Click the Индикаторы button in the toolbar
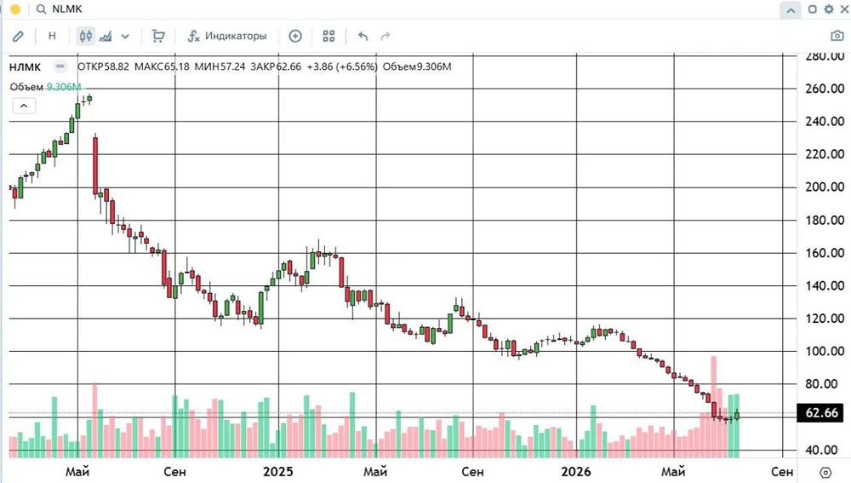(227, 36)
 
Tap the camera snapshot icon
(837, 36)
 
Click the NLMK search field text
(67, 9)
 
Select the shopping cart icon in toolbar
(158, 36)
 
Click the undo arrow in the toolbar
(363, 36)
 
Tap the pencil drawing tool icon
(18, 36)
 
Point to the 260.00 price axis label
(825, 89)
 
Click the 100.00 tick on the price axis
(825, 351)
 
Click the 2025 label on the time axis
(278, 472)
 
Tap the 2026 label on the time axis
(576, 472)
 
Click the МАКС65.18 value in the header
(162, 66)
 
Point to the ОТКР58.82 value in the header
(103, 66)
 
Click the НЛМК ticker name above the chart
(25, 67)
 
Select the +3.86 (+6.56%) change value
(342, 66)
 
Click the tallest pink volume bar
(714, 407)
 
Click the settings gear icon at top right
(829, 9)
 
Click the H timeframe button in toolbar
(52, 36)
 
